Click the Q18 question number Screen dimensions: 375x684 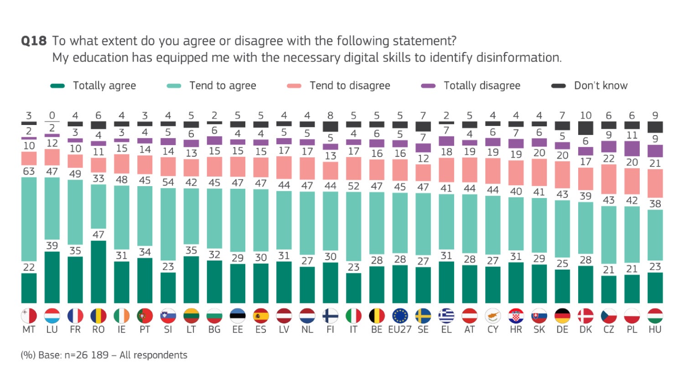34,41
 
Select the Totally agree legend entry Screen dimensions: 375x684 93,86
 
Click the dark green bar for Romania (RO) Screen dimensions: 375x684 98,272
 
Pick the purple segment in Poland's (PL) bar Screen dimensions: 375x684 632,149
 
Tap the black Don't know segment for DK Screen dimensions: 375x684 586,128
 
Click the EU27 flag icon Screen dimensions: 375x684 400,316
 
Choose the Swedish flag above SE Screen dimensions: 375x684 423,316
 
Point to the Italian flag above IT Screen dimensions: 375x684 353,316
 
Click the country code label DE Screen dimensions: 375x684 562,329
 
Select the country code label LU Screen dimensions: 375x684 52,329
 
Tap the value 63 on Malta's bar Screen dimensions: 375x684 29,171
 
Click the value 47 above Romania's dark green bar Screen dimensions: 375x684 98,234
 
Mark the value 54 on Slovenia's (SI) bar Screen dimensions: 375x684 168,182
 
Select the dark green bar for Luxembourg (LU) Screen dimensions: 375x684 52,277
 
